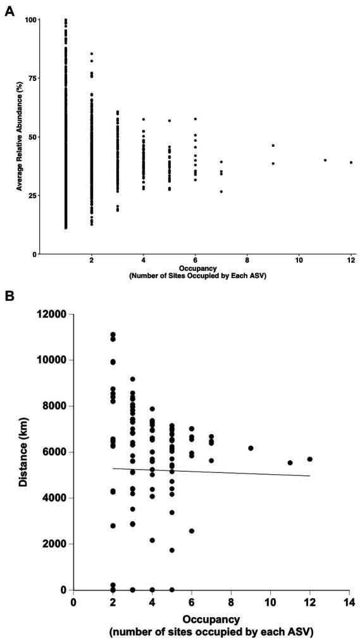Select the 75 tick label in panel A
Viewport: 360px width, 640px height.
[x=32, y=78]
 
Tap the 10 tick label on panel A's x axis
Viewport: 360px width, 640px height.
[x=299, y=260]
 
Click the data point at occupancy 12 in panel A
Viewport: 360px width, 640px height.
[x=351, y=163]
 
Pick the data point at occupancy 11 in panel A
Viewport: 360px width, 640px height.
[x=325, y=160]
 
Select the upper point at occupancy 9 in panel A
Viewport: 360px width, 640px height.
[x=273, y=146]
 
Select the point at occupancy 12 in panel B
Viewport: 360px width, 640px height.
[x=310, y=460]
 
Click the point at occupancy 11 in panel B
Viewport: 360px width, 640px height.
[x=290, y=463]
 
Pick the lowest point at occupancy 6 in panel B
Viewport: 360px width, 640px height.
[x=192, y=531]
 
